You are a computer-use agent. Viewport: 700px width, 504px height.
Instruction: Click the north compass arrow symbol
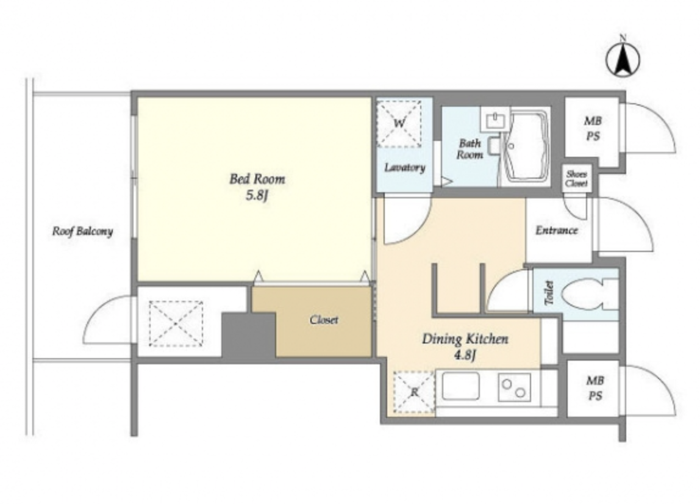623,60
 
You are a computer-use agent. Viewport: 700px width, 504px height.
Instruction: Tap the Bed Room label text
257,179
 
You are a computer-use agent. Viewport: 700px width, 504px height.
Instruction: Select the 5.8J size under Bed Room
257,196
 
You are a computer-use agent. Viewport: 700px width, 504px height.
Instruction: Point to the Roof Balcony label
82,231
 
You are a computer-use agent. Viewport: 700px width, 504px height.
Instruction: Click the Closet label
324,320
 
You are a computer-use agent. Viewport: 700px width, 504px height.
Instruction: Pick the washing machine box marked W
399,123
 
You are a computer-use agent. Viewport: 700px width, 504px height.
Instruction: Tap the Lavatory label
405,168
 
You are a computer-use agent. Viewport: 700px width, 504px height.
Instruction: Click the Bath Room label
470,149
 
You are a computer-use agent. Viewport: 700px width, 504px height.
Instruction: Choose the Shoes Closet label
576,179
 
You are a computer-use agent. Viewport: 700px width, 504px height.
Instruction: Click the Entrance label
557,231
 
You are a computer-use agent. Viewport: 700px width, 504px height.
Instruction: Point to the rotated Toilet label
549,293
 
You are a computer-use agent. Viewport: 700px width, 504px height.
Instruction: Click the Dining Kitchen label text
465,339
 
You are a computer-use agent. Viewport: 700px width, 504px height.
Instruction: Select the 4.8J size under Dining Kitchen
465,356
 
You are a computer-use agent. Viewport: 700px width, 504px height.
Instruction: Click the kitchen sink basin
461,386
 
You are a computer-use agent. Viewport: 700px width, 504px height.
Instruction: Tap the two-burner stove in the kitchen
514,387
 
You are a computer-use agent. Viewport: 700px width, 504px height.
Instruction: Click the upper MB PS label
593,129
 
